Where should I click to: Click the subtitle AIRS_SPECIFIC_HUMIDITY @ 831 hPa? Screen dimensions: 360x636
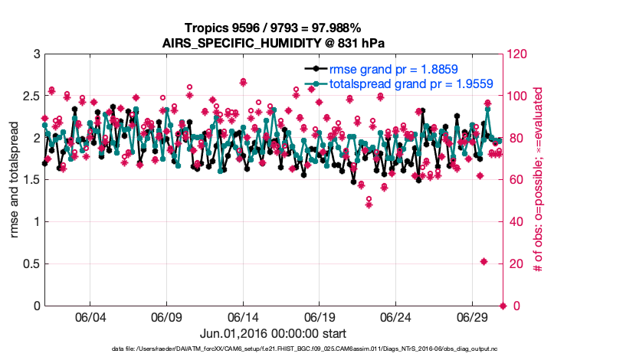point(274,41)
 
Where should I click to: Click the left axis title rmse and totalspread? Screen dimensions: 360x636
point(15,180)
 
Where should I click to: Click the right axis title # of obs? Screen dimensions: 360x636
point(539,180)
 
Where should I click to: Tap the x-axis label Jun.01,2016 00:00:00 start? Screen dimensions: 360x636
point(274,333)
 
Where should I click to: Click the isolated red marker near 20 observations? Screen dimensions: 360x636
point(484,262)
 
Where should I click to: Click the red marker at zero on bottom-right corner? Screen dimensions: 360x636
point(503,306)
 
